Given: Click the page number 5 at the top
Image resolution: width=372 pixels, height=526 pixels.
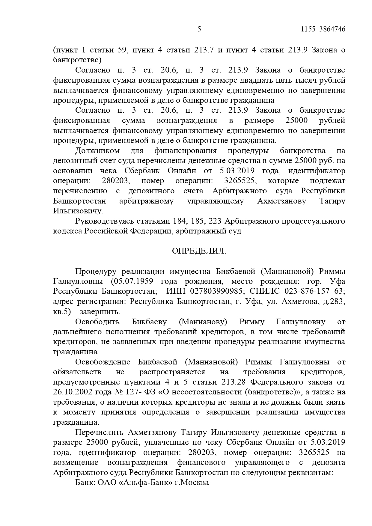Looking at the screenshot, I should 199,29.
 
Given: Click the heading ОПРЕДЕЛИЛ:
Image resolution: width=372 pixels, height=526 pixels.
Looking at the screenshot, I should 199,251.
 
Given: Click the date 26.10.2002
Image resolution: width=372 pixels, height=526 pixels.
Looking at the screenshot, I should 73,392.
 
